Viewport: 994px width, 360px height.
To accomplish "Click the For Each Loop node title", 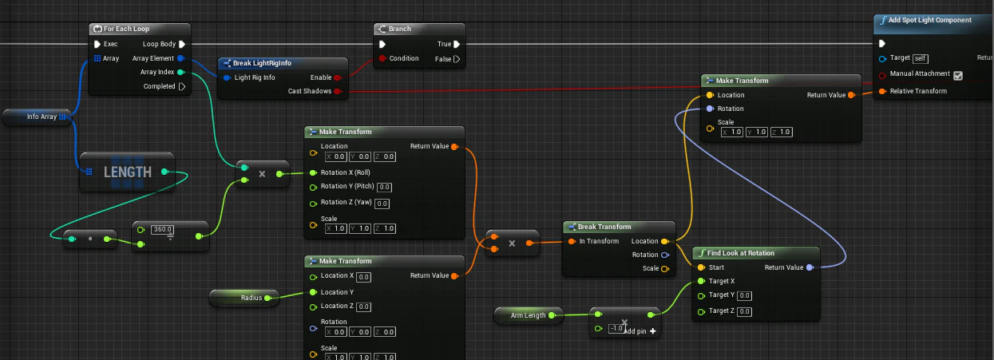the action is (126, 29).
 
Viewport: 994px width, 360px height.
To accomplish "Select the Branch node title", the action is (400, 29).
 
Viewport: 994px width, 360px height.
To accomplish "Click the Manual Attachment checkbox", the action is (958, 76).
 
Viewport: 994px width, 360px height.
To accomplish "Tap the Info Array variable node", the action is (37, 117).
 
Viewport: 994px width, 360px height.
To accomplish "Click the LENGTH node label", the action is (128, 172).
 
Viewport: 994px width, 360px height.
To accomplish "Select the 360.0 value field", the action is (162, 230).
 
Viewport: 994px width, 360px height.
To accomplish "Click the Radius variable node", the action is (244, 298).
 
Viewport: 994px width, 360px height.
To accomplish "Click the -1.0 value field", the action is (616, 329).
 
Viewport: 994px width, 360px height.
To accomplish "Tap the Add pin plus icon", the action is (653, 331).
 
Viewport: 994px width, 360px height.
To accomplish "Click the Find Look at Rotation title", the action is (741, 253).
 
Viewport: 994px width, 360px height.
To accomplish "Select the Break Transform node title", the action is (604, 227).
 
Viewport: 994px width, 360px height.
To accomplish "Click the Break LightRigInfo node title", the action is (262, 63).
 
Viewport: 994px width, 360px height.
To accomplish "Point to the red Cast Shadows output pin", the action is (337, 92).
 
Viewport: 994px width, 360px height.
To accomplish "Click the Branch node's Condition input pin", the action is (382, 58).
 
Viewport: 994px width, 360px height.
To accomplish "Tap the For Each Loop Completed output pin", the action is (182, 86).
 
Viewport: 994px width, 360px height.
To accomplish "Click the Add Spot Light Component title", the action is (929, 20).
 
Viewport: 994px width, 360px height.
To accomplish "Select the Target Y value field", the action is (744, 295).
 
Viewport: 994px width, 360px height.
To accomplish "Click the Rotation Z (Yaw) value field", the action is (382, 204).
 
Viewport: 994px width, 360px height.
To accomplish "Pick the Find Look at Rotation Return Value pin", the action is (810, 267).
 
